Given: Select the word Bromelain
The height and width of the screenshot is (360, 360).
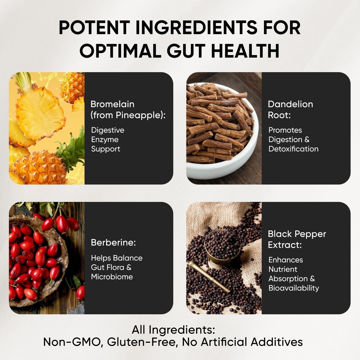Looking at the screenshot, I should coord(112,104).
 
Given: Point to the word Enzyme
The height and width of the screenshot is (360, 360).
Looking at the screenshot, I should coord(105,140).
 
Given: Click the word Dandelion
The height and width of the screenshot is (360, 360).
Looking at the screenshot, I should coord(290,104).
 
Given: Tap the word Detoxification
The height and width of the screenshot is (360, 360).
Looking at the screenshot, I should coord(294,149).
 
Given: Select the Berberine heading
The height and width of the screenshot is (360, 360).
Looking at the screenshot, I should coord(113,243).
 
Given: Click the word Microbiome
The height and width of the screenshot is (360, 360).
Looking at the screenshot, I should coord(112,277).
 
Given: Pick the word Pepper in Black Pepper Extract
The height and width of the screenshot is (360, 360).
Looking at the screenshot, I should coord(310,234).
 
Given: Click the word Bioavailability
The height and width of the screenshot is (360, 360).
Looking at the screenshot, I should coord(294,288).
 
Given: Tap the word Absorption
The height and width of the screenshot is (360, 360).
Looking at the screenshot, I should coord(289,278).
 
